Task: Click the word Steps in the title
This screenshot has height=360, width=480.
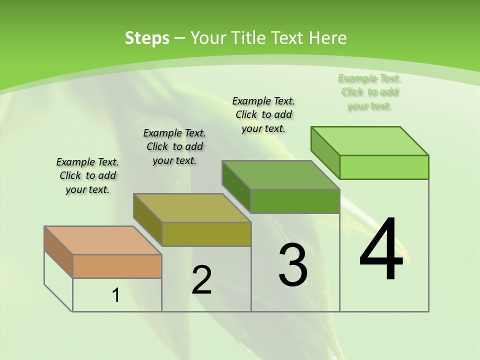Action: (147, 38)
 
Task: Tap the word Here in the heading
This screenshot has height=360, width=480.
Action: (328, 38)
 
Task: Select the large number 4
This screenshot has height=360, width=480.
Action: (381, 249)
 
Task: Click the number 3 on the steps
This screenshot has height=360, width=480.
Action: (293, 265)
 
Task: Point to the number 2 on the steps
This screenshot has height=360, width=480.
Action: (201, 280)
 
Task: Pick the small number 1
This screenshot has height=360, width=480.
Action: (116, 295)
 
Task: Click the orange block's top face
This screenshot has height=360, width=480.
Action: (103, 240)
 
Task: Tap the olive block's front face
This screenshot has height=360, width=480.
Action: (206, 234)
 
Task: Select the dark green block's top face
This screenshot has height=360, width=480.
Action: (280, 175)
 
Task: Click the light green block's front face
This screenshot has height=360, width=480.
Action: (384, 167)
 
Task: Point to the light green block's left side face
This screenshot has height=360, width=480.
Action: (325, 150)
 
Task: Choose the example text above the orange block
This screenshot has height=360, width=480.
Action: (87, 175)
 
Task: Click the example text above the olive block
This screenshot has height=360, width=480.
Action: (174, 146)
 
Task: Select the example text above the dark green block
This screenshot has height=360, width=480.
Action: (263, 114)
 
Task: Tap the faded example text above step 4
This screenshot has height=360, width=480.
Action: (369, 91)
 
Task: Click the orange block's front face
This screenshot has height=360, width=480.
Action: (117, 266)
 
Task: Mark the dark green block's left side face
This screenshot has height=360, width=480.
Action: (236, 186)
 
